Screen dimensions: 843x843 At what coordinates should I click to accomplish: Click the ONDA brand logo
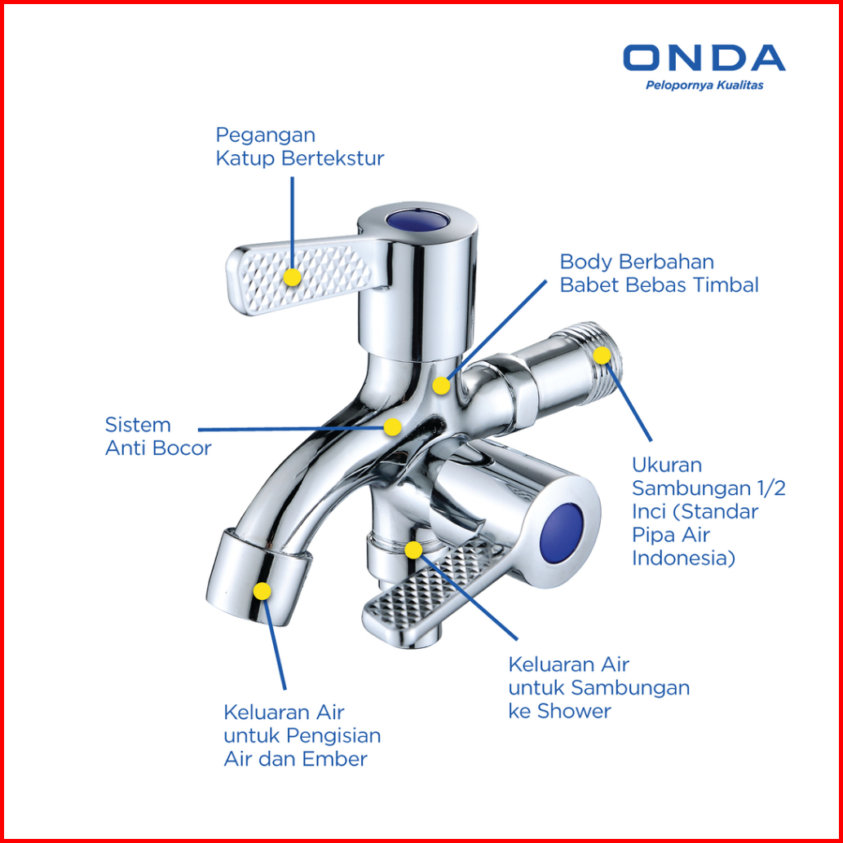coord(704,58)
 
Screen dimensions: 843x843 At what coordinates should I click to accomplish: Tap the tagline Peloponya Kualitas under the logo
coord(704,86)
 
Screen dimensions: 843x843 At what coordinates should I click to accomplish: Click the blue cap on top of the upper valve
coord(417,219)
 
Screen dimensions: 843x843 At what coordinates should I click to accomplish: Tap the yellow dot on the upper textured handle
coord(292,277)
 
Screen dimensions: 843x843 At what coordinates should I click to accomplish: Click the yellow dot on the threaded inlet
coord(602,355)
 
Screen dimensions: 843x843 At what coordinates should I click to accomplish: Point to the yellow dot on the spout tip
coord(262,591)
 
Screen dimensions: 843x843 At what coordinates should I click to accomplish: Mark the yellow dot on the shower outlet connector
coord(413,550)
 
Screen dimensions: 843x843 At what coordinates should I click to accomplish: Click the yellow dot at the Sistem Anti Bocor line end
coord(392,427)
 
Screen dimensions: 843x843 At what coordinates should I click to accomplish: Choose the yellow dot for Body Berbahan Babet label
coord(441,386)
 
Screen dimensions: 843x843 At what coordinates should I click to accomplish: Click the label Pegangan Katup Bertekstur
coord(300,147)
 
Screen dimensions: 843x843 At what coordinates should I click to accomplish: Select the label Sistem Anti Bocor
coord(158,436)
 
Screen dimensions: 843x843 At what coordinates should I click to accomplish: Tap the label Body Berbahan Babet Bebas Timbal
coord(659,273)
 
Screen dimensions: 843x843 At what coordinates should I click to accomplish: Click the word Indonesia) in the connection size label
coord(683,558)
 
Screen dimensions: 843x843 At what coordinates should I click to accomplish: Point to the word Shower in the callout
coord(574,711)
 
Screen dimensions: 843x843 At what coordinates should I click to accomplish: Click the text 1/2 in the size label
coord(770,488)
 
